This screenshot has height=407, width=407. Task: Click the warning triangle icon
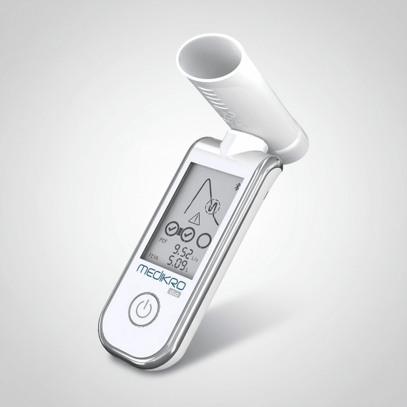(195, 219)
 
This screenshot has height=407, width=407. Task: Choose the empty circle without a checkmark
(204, 240)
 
